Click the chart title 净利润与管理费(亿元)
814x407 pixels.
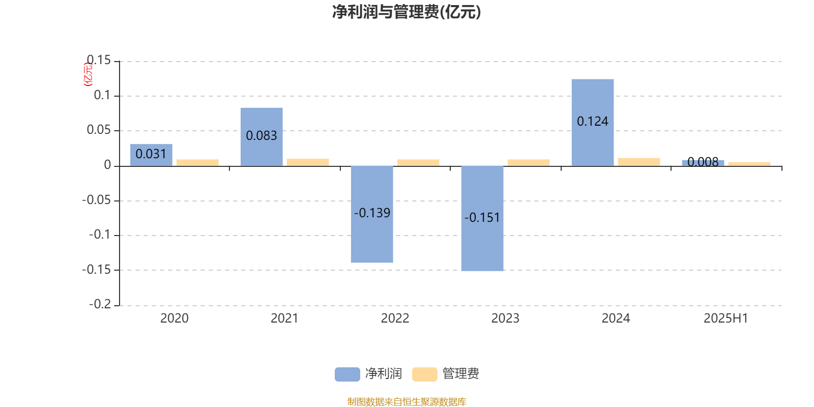pos(406,12)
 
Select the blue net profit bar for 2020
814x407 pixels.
pos(151,155)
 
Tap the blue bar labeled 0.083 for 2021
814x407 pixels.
pos(261,137)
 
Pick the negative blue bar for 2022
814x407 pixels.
pos(372,214)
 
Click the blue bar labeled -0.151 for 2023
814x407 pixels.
pos(482,218)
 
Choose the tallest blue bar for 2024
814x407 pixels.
pos(593,123)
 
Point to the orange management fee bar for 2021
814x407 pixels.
pos(308,162)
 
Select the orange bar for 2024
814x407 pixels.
pos(639,162)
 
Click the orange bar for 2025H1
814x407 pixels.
pos(749,164)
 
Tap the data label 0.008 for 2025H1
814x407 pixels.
pos(703,162)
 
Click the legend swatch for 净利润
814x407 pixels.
pos(347,374)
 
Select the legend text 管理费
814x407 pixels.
pos(460,374)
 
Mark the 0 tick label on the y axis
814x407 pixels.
pos(107,165)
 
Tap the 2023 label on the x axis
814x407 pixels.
pos(505,318)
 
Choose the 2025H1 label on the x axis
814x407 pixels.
pos(725,318)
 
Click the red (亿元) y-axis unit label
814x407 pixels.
pos(88,74)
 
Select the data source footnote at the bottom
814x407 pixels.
pos(406,401)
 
